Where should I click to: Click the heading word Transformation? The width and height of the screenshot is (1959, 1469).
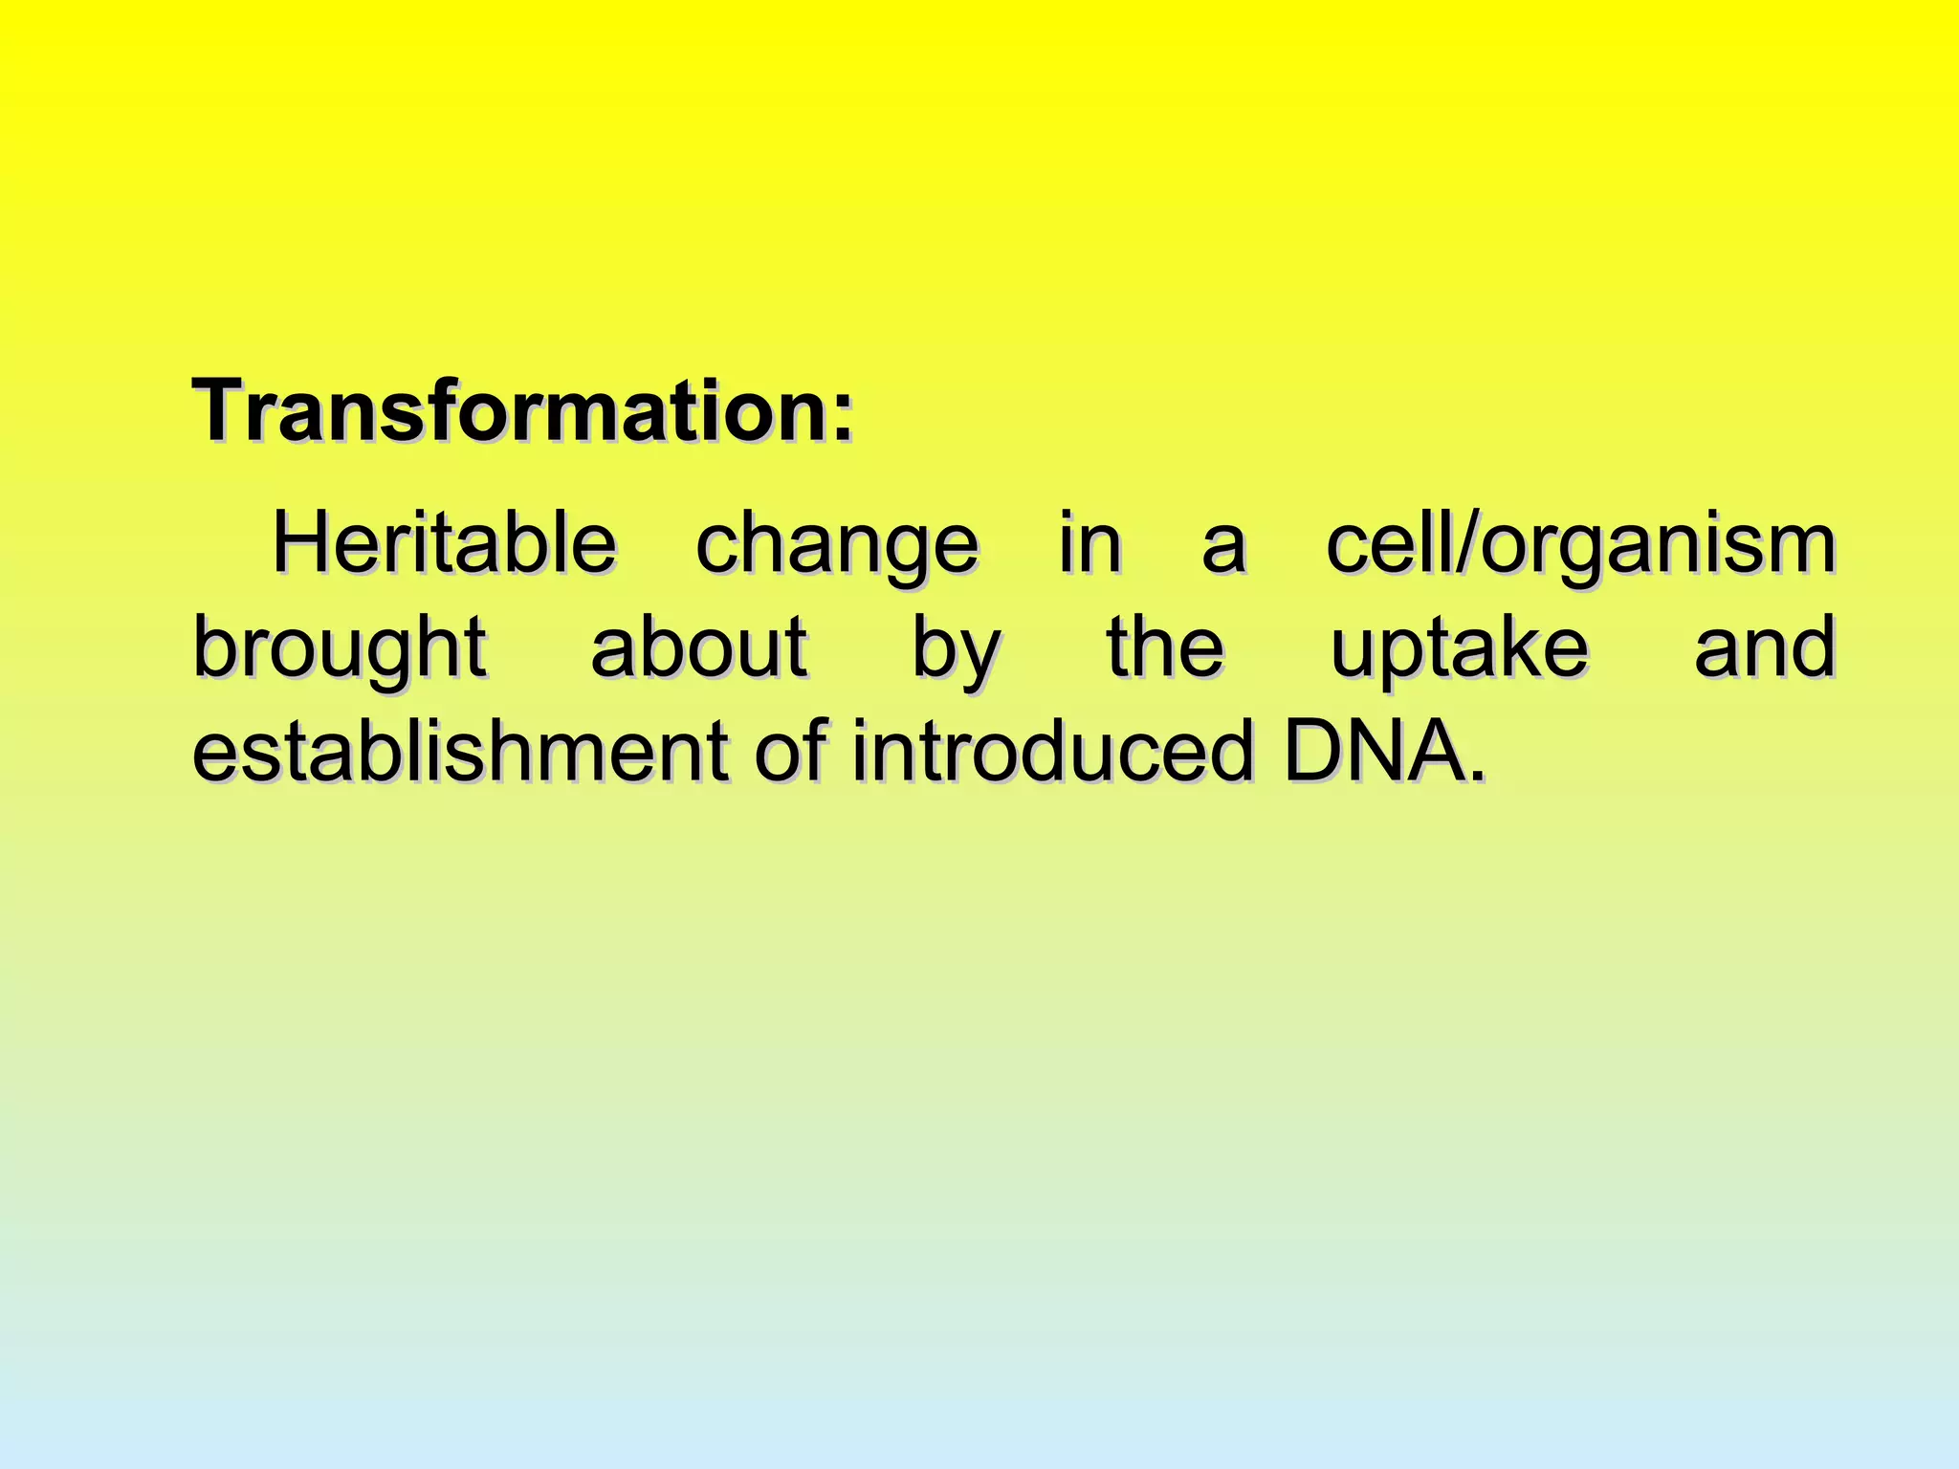[x=512, y=411]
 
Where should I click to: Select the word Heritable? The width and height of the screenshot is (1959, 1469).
[x=444, y=543]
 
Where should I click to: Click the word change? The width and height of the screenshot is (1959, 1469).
[x=836, y=545]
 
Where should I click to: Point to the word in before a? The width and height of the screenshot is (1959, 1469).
[x=1090, y=543]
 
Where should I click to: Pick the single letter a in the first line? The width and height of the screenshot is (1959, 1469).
[x=1223, y=549]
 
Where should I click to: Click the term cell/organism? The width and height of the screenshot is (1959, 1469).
[x=1580, y=545]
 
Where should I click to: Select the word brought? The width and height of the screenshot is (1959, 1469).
[x=340, y=648]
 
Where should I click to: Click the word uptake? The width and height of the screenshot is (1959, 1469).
[x=1459, y=650]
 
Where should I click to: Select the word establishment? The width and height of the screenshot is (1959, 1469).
[x=460, y=752]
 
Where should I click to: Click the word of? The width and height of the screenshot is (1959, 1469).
[x=789, y=752]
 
